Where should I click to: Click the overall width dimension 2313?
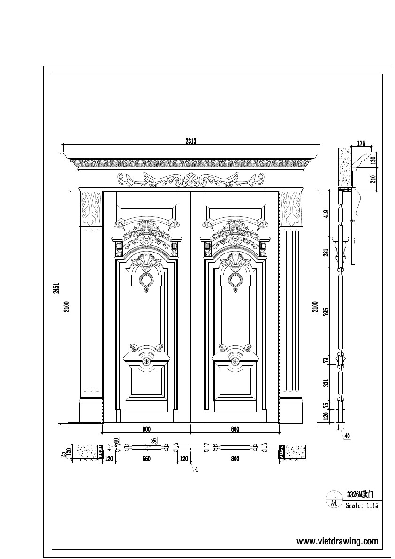(x=190, y=140)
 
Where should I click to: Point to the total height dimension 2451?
(x=56, y=288)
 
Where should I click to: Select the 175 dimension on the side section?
(x=361, y=143)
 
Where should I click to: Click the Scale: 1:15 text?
(x=362, y=506)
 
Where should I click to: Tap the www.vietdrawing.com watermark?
(x=337, y=541)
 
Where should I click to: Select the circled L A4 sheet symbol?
(x=334, y=499)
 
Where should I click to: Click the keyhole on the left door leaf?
(x=146, y=361)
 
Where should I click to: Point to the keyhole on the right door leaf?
(x=235, y=361)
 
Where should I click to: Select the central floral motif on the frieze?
(x=190, y=179)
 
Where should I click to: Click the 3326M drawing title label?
(x=360, y=494)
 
